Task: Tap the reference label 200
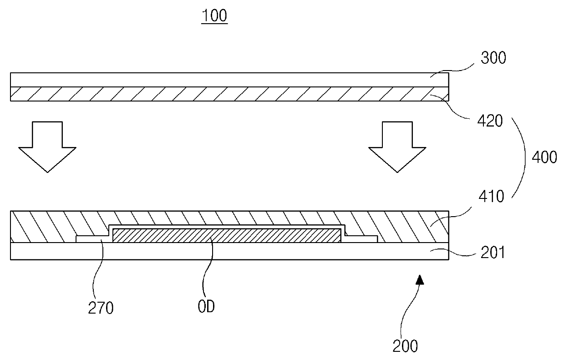pyautogui.click(x=405, y=347)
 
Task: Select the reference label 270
pyautogui.click(x=101, y=309)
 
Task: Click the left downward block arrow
pyautogui.click(x=47, y=146)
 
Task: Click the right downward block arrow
pyautogui.click(x=397, y=146)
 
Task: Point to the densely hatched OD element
pyautogui.click(x=226, y=235)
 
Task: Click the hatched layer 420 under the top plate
pyautogui.click(x=228, y=94)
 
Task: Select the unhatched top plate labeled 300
pyautogui.click(x=228, y=80)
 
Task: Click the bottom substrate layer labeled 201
pyautogui.click(x=228, y=251)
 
